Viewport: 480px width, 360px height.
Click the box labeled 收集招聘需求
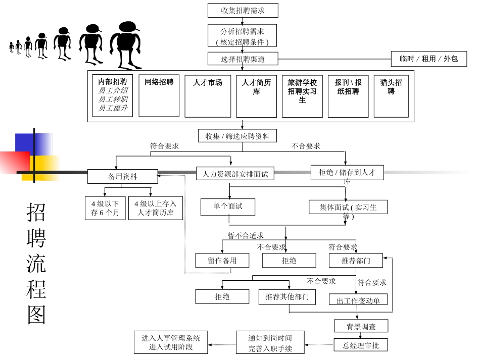[243, 10]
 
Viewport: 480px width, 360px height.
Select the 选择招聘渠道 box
[243, 59]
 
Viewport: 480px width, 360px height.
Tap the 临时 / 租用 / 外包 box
[429, 59]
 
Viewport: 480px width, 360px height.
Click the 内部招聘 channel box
[113, 95]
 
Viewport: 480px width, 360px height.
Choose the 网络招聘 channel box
[159, 95]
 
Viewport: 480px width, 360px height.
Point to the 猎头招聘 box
[391, 95]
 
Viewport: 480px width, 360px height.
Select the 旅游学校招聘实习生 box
[302, 95]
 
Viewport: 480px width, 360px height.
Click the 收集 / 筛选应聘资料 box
[237, 136]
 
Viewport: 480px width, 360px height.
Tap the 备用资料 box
[123, 177]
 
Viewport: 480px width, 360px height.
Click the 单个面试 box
[228, 207]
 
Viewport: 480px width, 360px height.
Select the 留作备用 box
[222, 261]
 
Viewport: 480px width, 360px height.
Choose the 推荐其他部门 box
[287, 296]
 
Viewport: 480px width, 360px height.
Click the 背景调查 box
[361, 326]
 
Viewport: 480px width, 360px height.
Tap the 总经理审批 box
[361, 345]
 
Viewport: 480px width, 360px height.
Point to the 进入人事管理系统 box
[171, 342]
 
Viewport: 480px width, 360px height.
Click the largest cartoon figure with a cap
[124, 45]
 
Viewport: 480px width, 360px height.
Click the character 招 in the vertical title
[36, 213]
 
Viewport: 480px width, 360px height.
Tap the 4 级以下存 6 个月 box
[105, 208]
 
